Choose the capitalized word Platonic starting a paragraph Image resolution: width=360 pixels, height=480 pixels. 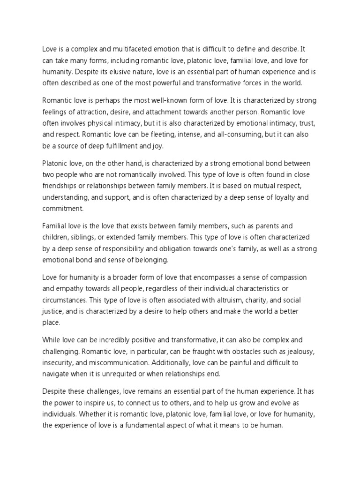click(56, 163)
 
